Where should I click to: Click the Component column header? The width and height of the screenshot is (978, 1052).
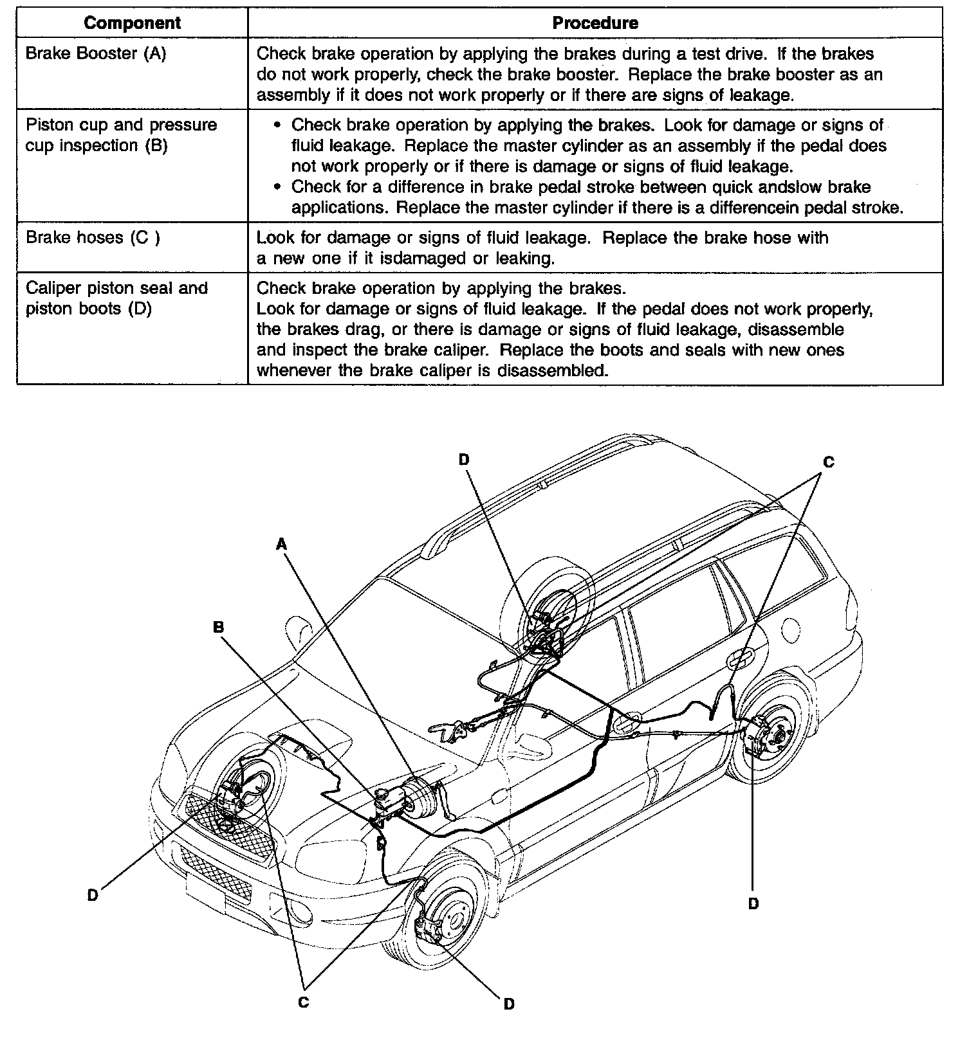pyautogui.click(x=132, y=24)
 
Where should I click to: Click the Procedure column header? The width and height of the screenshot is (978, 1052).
pyautogui.click(x=595, y=24)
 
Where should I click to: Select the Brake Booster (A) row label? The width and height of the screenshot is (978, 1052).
pyautogui.click(x=96, y=53)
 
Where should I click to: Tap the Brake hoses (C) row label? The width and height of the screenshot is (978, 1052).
pyautogui.click(x=93, y=237)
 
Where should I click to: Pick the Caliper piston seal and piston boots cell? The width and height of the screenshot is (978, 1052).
pyautogui.click(x=117, y=298)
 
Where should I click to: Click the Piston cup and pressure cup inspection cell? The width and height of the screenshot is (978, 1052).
pyautogui.click(x=122, y=135)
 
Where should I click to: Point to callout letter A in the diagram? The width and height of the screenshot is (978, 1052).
pyautogui.click(x=281, y=545)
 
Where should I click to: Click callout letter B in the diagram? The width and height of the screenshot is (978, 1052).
pyautogui.click(x=219, y=626)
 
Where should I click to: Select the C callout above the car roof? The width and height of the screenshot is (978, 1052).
pyautogui.click(x=829, y=462)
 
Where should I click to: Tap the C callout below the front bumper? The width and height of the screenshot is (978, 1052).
pyautogui.click(x=304, y=1002)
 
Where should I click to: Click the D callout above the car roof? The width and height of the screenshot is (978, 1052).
pyautogui.click(x=465, y=458)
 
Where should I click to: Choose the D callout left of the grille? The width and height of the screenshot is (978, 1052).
pyautogui.click(x=93, y=895)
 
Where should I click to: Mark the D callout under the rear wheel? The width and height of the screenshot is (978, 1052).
pyautogui.click(x=753, y=903)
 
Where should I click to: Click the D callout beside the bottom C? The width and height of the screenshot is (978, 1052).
pyautogui.click(x=509, y=1004)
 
